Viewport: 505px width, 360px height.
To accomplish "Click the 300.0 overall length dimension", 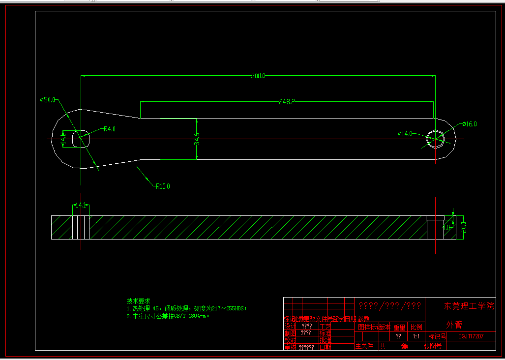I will pyautogui.click(x=258, y=76).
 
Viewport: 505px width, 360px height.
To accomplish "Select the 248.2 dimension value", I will pyautogui.click(x=287, y=102).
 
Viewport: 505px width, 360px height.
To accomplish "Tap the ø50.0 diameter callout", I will pyautogui.click(x=48, y=100).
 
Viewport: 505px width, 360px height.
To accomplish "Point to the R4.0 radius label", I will pyautogui.click(x=109, y=129).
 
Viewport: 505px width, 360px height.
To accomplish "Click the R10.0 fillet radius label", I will pyautogui.click(x=163, y=186).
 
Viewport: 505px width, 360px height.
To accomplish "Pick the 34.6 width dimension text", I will pyautogui.click(x=197, y=139).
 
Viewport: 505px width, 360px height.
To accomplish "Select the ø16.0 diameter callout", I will pyautogui.click(x=470, y=124).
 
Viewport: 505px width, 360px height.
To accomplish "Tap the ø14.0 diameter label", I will pyautogui.click(x=405, y=133).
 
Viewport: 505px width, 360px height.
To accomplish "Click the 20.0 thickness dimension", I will pyautogui.click(x=463, y=228).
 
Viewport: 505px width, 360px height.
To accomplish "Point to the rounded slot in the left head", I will pyautogui.click(x=81, y=139).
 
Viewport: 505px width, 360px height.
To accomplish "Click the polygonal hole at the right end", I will pyautogui.click(x=435, y=139).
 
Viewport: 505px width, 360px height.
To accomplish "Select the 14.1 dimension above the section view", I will pyautogui.click(x=80, y=205).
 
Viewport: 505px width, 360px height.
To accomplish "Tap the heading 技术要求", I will pyautogui.click(x=138, y=301).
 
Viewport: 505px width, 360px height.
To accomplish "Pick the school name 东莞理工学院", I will pyautogui.click(x=469, y=306).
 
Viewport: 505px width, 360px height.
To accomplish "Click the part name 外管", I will pyautogui.click(x=454, y=325).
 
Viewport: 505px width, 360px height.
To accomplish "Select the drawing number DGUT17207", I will pyautogui.click(x=471, y=337).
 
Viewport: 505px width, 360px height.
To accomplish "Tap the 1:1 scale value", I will pyautogui.click(x=416, y=337).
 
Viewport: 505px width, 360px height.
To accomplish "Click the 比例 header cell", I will pyautogui.click(x=416, y=327).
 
